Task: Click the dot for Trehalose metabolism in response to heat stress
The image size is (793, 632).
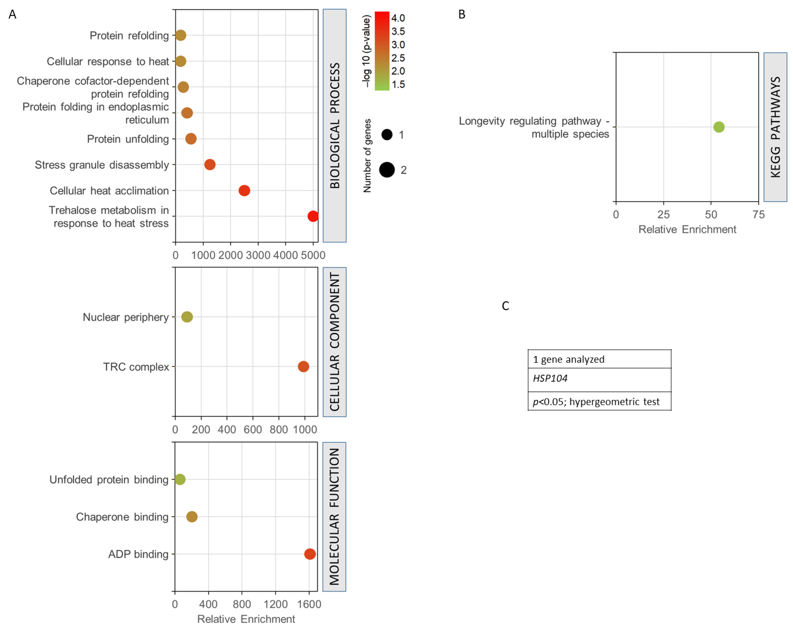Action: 313,216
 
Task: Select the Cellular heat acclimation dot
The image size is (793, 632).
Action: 244,190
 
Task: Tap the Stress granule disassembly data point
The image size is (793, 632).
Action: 210,165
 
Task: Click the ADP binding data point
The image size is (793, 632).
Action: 310,554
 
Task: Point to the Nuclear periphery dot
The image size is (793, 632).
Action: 187,317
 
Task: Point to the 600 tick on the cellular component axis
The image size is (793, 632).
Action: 253,429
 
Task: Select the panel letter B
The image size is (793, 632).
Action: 462,14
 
